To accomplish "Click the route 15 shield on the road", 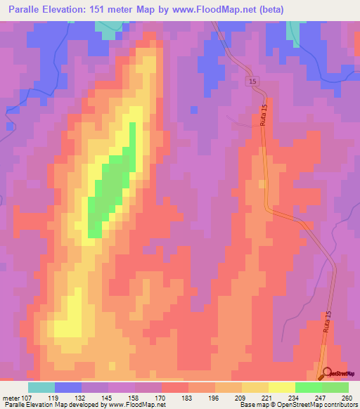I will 252,83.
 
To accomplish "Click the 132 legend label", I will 82,397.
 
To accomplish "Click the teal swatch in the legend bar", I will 41,387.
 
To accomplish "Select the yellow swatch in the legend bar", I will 281,387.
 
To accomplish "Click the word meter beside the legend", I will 9,397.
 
